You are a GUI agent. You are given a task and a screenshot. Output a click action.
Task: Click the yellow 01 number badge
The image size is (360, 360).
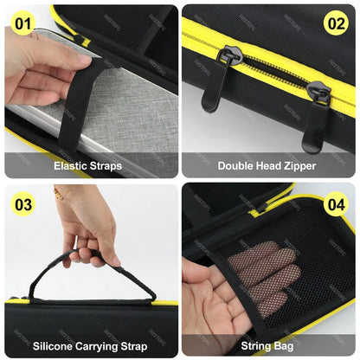point(23,22)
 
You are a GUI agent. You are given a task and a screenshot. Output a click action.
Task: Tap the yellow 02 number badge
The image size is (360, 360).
point(336,23)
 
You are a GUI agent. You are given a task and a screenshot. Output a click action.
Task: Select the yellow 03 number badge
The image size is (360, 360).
point(23,205)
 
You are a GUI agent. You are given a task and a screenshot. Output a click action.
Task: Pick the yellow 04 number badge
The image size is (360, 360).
point(336,206)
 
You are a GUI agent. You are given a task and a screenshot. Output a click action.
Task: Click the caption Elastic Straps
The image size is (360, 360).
point(87,165)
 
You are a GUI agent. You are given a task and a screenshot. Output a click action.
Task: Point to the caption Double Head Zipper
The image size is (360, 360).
point(268,165)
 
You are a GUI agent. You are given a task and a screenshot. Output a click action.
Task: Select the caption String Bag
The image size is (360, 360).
point(268,344)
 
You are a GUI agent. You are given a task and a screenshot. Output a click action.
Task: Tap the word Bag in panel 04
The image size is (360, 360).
point(287,344)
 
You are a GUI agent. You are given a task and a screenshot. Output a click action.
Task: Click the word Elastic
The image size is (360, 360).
point(70,165)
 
